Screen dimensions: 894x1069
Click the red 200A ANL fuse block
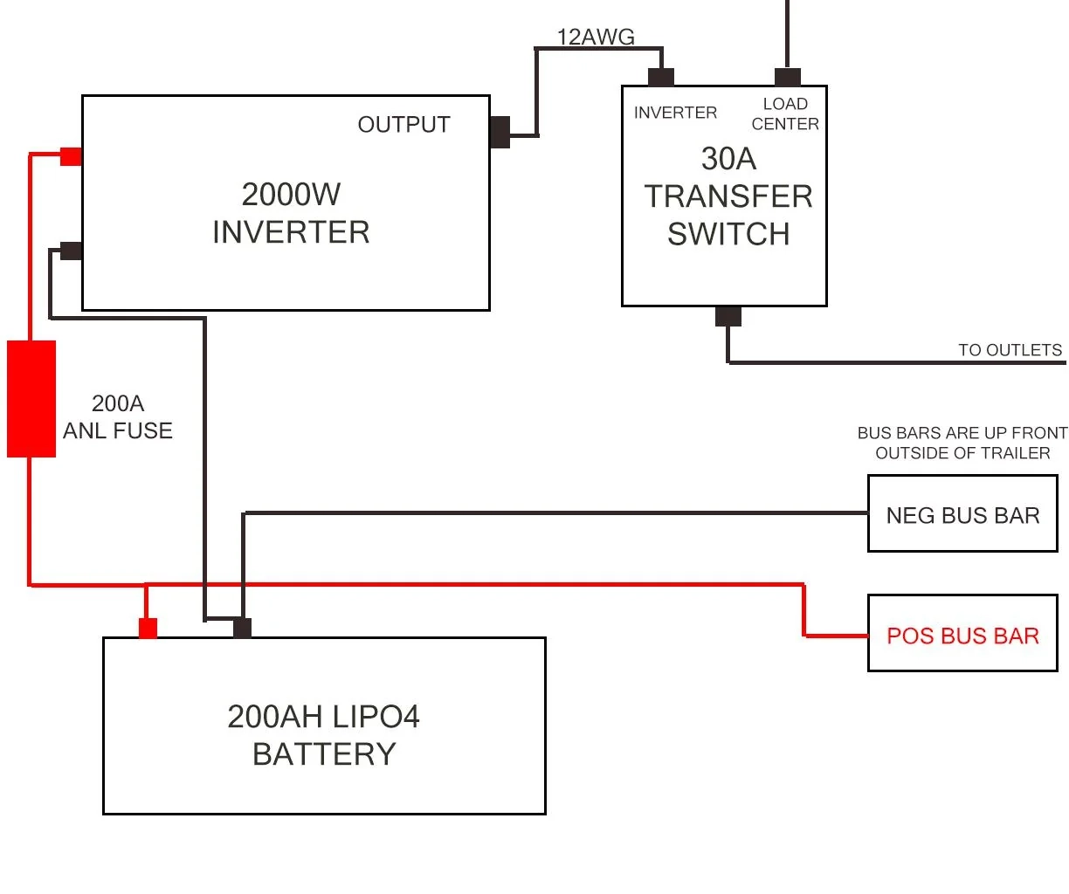pos(31,399)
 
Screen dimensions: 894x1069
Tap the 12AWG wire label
pos(596,37)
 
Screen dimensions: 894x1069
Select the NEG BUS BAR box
pos(962,514)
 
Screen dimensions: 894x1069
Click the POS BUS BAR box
pos(962,634)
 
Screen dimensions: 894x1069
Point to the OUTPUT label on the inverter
pos(403,125)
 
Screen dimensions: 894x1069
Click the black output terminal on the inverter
pos(500,133)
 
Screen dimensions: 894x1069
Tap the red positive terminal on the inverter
pos(71,157)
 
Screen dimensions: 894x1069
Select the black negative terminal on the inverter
pos(71,251)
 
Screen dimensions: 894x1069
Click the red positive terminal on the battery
pos(148,629)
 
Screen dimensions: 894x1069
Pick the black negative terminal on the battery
pos(242,628)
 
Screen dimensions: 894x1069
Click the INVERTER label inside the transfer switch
pos(675,113)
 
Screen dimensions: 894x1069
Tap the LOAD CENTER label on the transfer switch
pos(785,114)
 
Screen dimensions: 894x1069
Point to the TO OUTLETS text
pos(1010,350)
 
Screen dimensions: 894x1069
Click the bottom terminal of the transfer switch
pos(728,316)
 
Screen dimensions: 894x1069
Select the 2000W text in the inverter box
pos(291,194)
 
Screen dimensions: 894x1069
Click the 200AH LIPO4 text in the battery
pos(323,717)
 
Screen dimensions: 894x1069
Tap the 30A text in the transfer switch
pos(728,159)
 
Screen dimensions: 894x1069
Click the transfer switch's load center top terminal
pos(787,78)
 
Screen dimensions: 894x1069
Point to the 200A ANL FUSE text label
pos(118,416)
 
